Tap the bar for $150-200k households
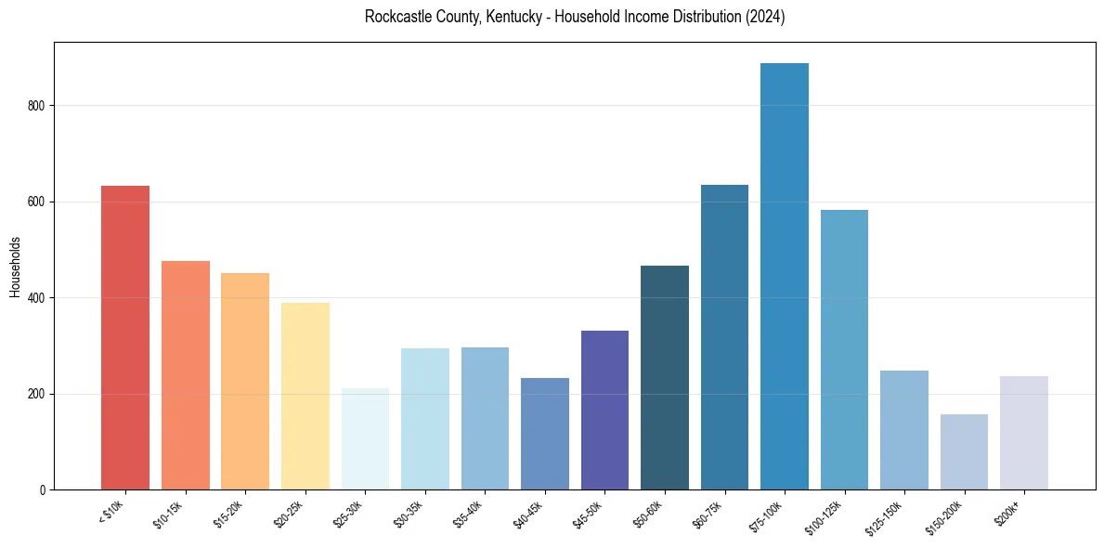pos(964,451)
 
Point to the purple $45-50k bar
pos(604,410)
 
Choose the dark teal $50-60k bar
pos(665,377)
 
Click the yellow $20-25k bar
pos(305,396)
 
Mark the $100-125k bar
pos(844,349)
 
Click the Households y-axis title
pos(15,267)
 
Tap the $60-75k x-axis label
pos(708,514)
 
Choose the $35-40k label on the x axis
pos(468,514)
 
